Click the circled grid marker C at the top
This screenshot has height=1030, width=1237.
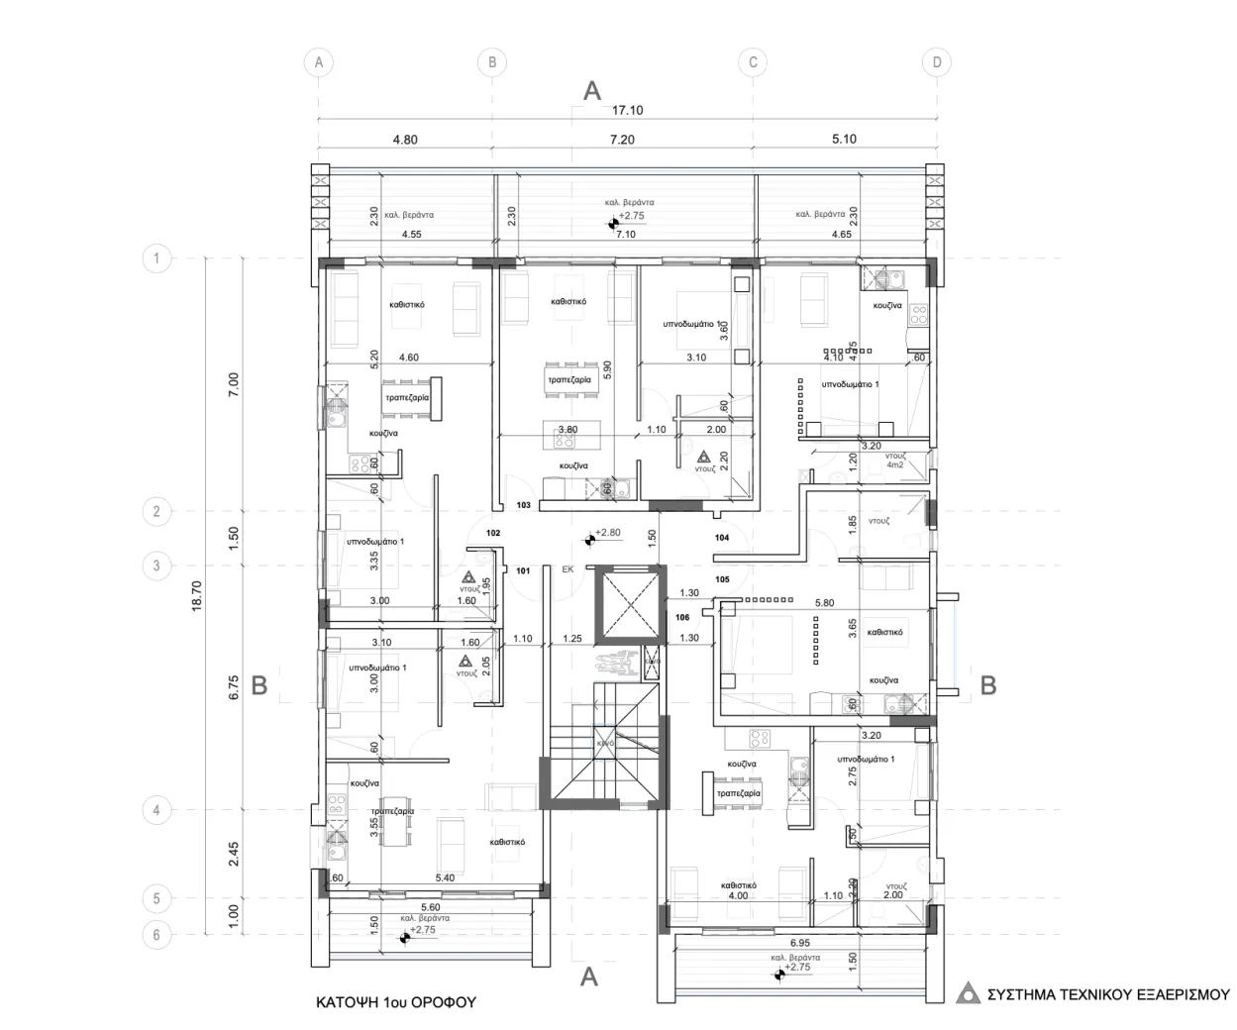[x=753, y=62]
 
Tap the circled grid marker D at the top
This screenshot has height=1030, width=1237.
[x=936, y=62]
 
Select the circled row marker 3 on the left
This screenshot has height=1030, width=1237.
[x=156, y=566]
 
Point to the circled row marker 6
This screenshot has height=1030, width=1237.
[x=156, y=934]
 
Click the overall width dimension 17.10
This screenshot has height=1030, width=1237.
[x=627, y=111]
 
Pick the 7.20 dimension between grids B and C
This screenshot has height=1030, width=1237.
[x=621, y=140]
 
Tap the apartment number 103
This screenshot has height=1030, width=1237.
[x=524, y=505]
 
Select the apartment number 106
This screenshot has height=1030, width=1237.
[x=682, y=617]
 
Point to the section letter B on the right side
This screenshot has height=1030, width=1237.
[x=987, y=684]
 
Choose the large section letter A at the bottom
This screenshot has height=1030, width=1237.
[x=589, y=978]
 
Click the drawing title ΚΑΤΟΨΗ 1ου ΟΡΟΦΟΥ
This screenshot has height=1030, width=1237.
[x=395, y=1002]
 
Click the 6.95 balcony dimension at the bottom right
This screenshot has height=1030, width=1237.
[x=800, y=943]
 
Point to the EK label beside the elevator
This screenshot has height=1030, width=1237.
[x=567, y=570]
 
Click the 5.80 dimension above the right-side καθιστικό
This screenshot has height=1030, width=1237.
[x=823, y=602]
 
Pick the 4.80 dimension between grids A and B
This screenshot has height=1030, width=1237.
[x=404, y=140]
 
